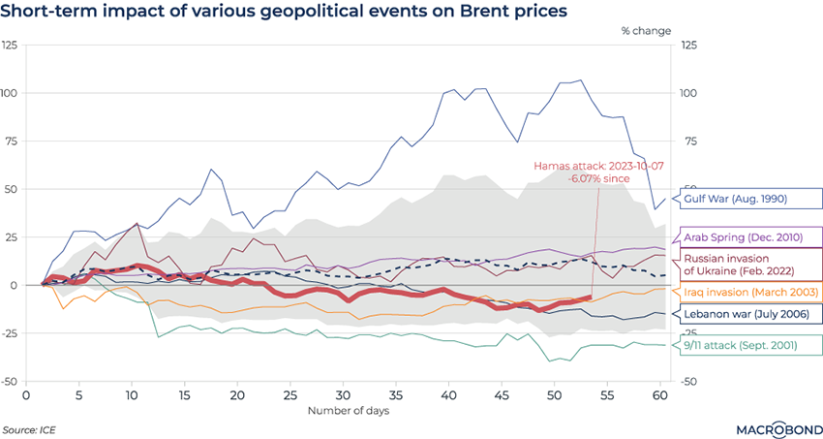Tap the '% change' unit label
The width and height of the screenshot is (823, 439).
click(x=645, y=32)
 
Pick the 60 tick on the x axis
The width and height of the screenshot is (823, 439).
click(x=659, y=396)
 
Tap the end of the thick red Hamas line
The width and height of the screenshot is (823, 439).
click(x=590, y=298)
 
